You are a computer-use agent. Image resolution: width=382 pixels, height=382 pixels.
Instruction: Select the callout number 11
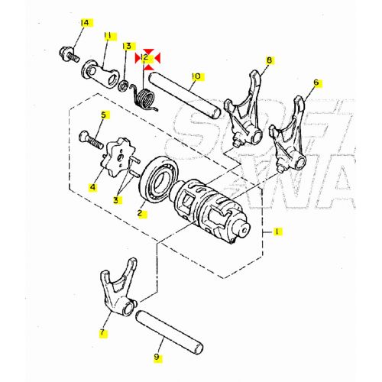coord(108,35)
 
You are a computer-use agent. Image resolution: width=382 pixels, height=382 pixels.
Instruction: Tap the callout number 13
coord(128,47)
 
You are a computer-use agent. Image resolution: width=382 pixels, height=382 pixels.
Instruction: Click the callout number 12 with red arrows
coord(144,57)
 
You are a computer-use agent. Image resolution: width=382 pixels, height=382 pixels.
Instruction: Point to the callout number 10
coord(196,76)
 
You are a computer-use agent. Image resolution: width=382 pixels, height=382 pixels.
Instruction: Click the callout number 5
coord(104,115)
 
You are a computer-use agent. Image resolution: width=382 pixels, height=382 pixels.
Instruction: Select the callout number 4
coord(93,186)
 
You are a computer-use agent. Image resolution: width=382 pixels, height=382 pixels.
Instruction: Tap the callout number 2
coord(141,213)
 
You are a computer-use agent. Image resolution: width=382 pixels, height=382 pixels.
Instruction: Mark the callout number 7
coord(104,333)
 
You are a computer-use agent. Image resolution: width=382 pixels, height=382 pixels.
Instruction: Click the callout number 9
coord(157,356)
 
